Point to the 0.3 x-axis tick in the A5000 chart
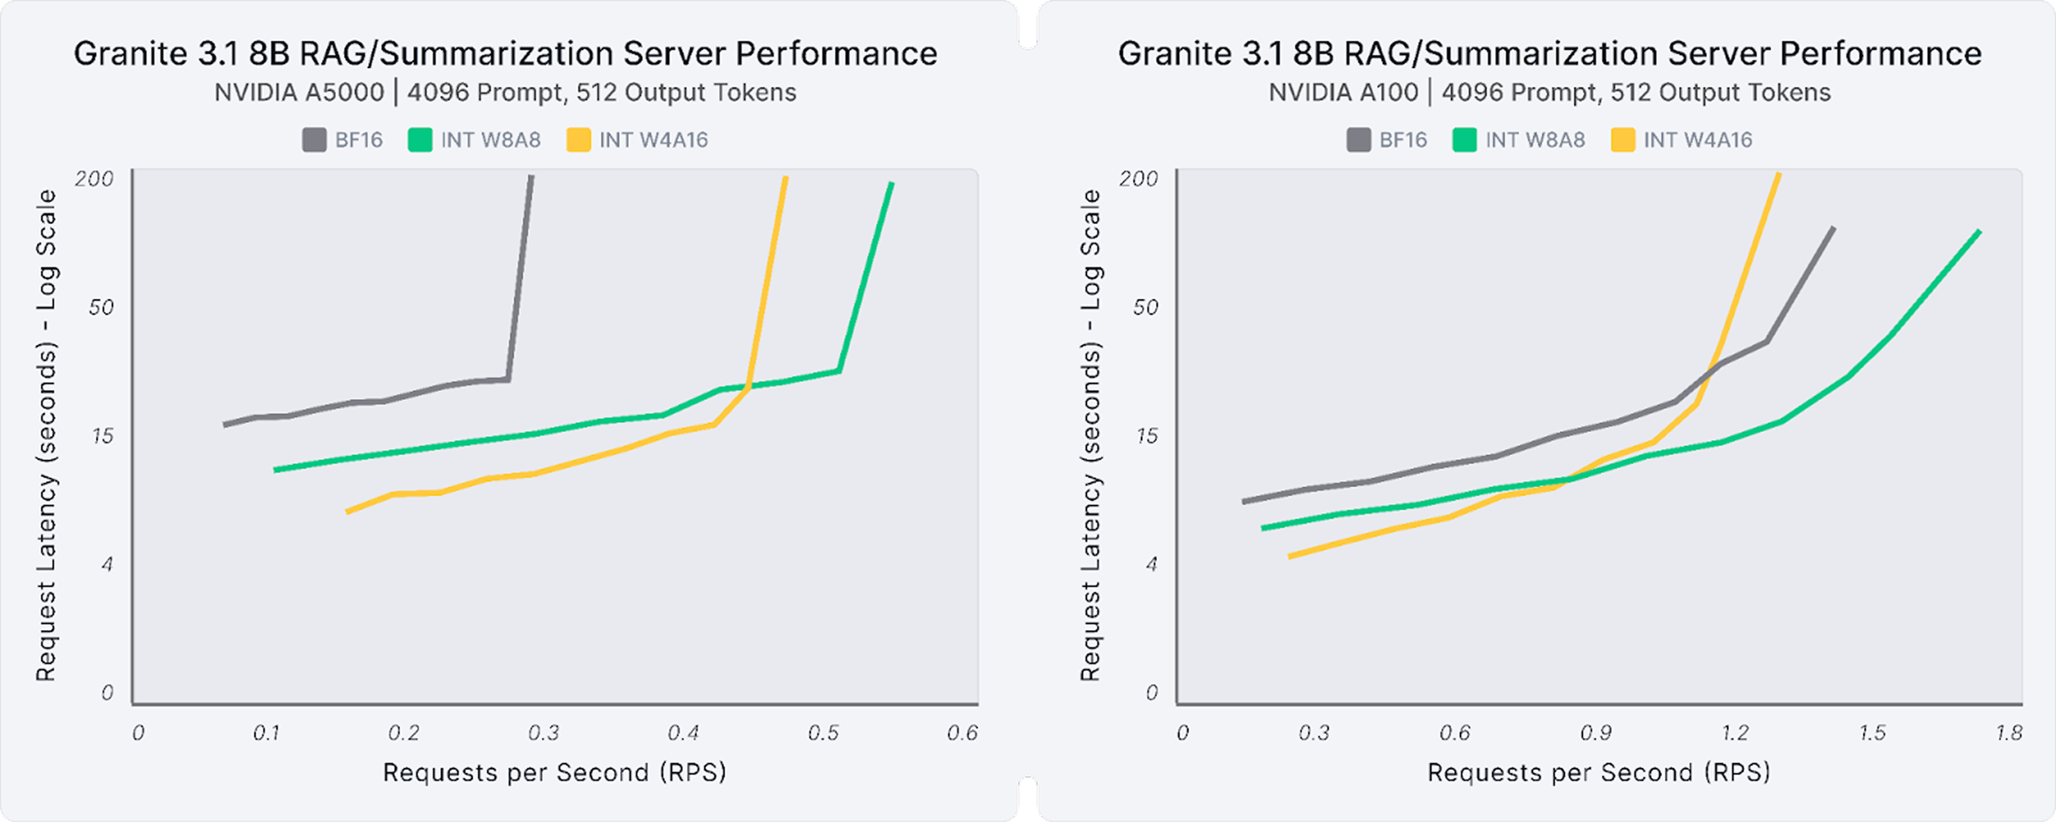tap(544, 733)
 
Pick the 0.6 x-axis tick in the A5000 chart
tap(962, 733)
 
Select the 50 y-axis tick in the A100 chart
tap(1146, 307)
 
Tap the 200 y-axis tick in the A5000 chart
tap(94, 178)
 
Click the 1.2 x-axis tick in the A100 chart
tap(1735, 733)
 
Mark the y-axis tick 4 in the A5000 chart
tap(107, 564)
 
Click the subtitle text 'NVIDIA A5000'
tap(299, 92)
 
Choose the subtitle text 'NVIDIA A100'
tap(1343, 92)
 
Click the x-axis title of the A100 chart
tap(1599, 773)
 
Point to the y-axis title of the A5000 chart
tap(46, 435)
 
